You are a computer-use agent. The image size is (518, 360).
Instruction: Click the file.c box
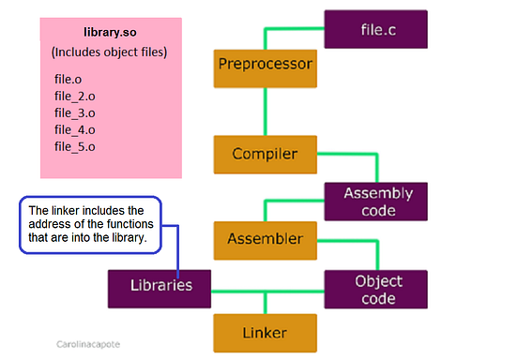[375, 29]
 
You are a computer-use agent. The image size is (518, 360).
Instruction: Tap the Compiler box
[265, 153]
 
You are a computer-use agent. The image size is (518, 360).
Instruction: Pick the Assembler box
[265, 239]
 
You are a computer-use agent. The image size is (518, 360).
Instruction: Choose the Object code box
[375, 290]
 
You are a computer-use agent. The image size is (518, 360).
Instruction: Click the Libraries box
[157, 284]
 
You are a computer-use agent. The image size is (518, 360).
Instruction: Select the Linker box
[265, 332]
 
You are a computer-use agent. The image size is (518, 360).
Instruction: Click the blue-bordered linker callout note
[91, 225]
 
